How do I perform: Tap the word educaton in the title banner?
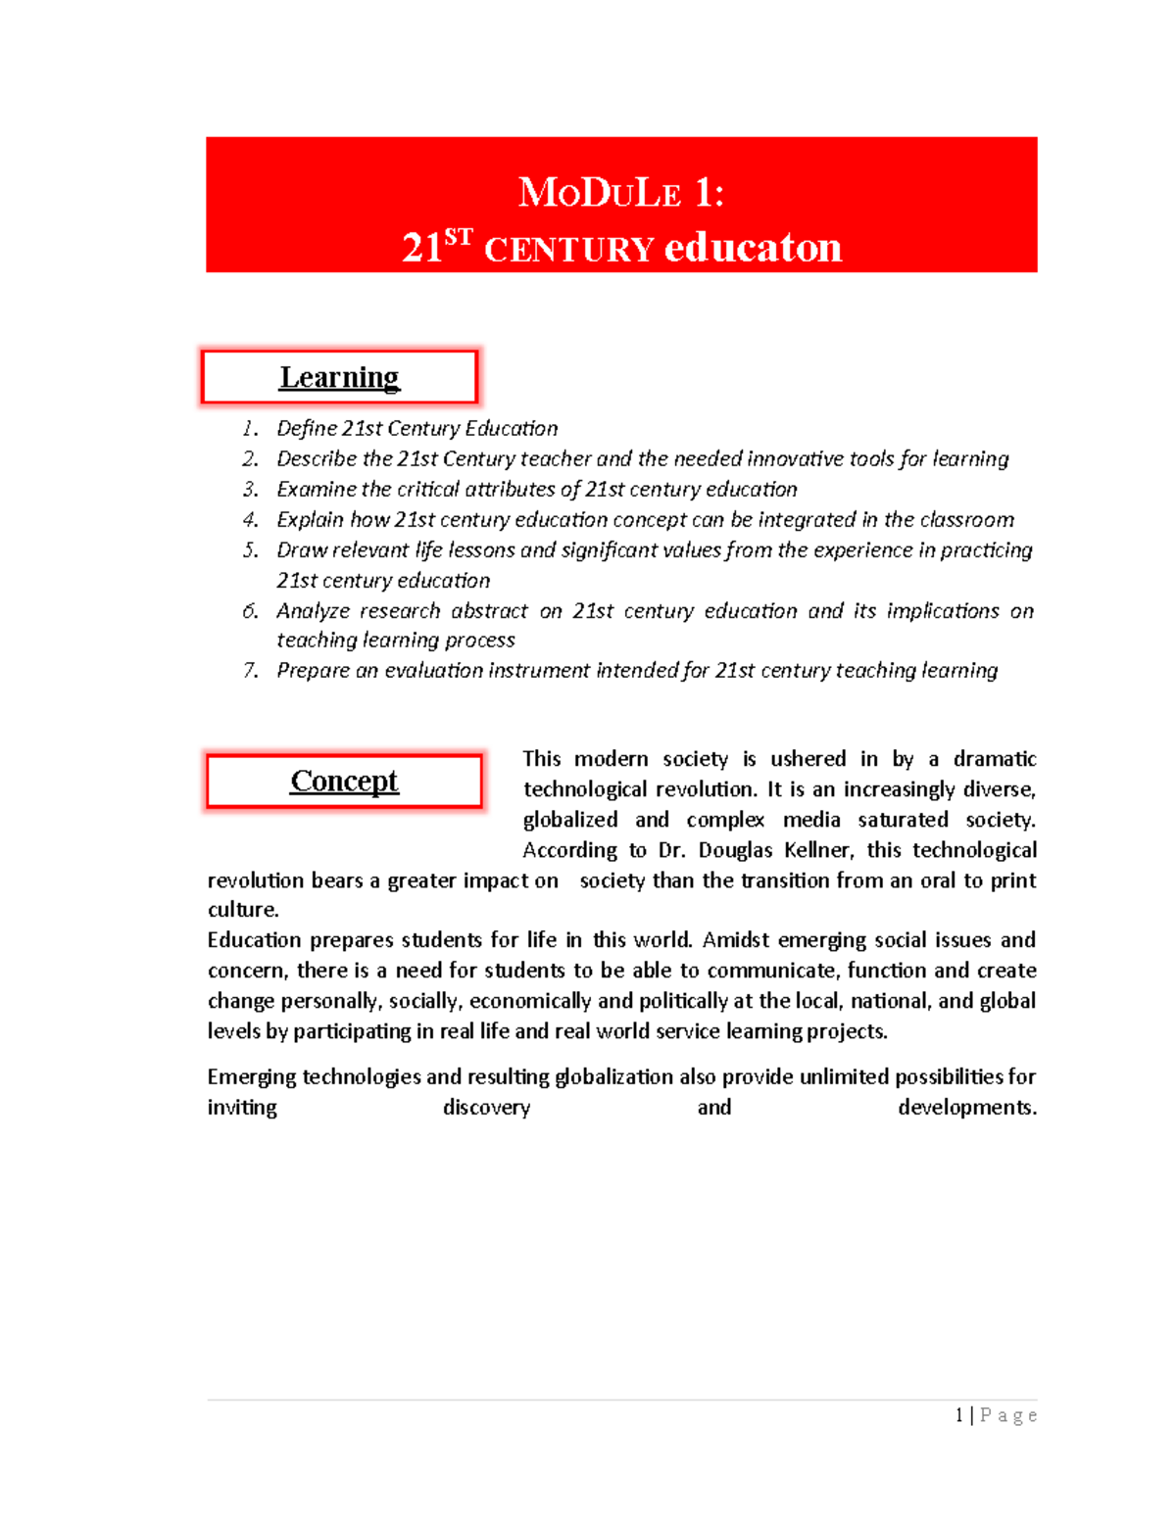coord(753,248)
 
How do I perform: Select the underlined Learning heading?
coord(339,377)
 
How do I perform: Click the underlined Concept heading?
coord(344,781)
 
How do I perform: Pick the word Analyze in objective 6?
coord(313,610)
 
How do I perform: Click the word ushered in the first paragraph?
coord(808,758)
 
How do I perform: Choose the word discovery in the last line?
coord(486,1107)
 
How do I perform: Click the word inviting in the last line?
coord(242,1107)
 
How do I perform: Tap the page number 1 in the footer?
coord(959,1415)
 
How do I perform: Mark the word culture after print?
coord(242,909)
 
